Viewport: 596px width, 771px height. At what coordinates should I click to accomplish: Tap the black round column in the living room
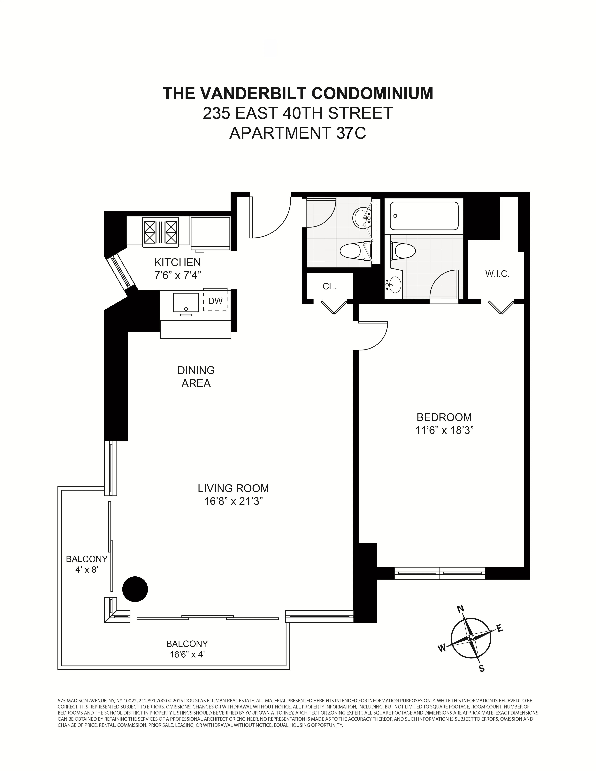point(135,589)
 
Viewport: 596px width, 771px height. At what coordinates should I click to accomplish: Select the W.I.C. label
point(497,274)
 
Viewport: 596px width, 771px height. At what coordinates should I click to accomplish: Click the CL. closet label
point(329,287)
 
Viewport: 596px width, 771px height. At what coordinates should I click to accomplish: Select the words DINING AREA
point(196,377)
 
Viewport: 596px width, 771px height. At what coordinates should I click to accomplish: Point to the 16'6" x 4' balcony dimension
point(187,654)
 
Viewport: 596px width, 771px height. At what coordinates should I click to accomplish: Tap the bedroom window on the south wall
point(440,573)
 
